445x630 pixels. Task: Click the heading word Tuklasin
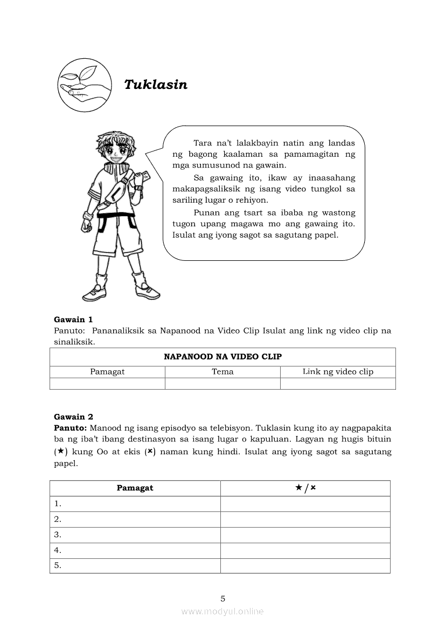point(156,85)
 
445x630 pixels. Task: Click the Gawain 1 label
point(73,319)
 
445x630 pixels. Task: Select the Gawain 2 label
point(73,416)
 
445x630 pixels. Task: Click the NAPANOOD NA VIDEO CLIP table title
point(222,357)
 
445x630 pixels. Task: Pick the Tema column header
point(222,371)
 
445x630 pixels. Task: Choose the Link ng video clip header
point(338,371)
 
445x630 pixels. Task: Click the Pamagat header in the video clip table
point(107,371)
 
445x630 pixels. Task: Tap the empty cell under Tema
point(222,383)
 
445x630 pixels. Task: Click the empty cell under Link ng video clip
point(338,383)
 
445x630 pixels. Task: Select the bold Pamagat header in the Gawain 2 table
point(135,488)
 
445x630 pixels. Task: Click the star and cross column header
point(305,488)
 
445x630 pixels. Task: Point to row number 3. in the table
point(58,535)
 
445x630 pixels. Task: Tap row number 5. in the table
point(58,565)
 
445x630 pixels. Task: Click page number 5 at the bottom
point(222,598)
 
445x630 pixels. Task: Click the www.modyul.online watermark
point(222,611)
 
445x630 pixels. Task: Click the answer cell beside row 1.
point(305,504)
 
